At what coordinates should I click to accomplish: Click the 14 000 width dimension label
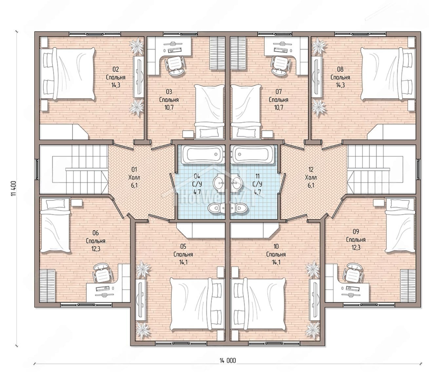[228, 361]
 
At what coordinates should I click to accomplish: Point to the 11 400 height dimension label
[13, 188]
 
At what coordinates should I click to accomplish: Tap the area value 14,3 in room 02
[116, 85]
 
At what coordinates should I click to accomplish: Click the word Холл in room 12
[311, 177]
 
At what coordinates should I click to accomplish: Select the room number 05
[183, 246]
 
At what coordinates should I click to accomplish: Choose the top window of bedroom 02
[95, 33]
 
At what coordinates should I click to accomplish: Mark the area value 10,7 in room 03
[169, 107]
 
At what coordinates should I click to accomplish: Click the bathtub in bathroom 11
[252, 155]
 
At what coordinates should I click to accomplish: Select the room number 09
[356, 232]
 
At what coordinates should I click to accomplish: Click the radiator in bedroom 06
[48, 286]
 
